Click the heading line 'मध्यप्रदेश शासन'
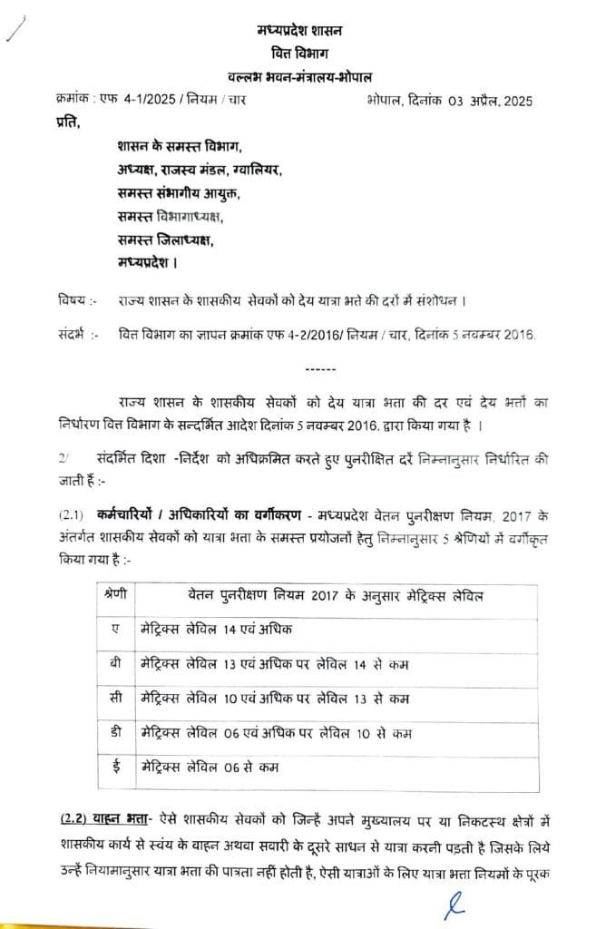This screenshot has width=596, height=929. (299, 33)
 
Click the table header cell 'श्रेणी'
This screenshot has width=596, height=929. (115, 595)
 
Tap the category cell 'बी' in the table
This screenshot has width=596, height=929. (114, 663)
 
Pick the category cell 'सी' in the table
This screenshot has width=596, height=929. (114, 698)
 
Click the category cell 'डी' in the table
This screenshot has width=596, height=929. (114, 733)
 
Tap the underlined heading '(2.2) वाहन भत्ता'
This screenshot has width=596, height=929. (99, 821)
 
